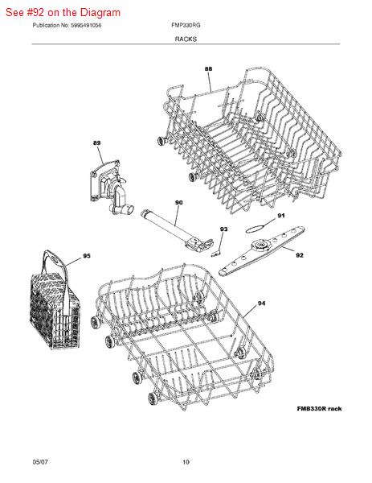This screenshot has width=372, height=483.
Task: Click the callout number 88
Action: [208, 69]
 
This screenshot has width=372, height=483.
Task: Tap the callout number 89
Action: [97, 143]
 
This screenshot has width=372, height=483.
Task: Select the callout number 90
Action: [178, 202]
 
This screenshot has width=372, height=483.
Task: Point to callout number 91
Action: [281, 216]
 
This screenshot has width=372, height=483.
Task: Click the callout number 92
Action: [300, 255]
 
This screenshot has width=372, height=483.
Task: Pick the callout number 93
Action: [224, 229]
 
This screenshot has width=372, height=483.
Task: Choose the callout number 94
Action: [261, 303]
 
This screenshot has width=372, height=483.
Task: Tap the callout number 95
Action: [87, 256]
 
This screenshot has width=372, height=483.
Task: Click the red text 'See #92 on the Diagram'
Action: [63, 13]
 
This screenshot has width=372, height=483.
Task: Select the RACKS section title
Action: [186, 39]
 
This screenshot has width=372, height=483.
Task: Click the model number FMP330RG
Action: [186, 25]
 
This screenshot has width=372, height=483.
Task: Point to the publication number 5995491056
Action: [86, 25]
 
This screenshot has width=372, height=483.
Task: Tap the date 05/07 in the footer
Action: [40, 462]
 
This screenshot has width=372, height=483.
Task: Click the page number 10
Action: [186, 462]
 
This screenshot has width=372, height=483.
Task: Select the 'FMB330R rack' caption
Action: [319, 409]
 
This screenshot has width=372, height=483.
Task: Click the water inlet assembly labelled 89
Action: [110, 188]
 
